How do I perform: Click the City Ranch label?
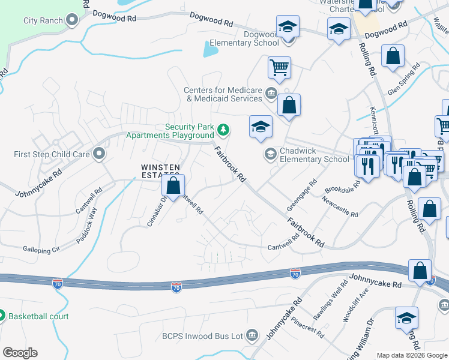tap(43, 20)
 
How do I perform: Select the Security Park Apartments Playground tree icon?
tap(223, 128)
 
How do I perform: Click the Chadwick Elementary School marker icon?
tap(270, 155)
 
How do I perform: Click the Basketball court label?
tap(38, 316)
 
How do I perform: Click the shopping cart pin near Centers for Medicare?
tap(279, 68)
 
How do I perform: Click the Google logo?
tap(20, 353)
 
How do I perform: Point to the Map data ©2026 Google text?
tap(412, 355)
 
